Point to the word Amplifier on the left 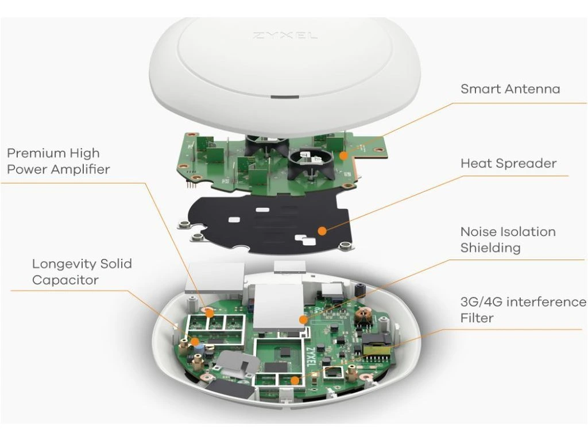point(81,169)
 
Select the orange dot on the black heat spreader point(323,231)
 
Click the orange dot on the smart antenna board point(343,155)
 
